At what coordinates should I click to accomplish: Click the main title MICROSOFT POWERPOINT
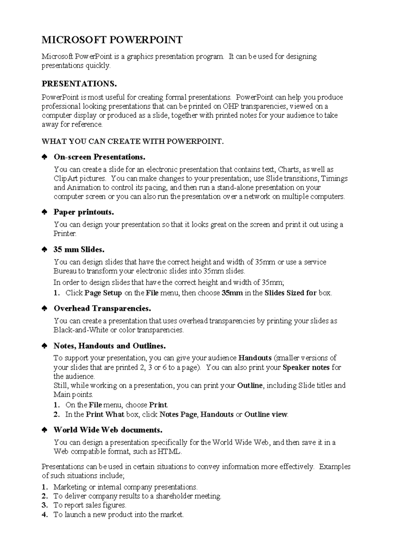(x=112, y=40)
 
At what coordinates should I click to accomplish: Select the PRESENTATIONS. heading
(x=79, y=84)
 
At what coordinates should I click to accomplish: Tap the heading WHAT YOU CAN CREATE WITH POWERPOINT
(x=133, y=141)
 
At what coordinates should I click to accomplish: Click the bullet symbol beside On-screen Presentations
(x=44, y=157)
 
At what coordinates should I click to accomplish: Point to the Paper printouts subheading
(x=84, y=212)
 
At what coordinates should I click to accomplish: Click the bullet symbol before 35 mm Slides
(x=44, y=250)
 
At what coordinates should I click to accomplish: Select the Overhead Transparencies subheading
(x=102, y=309)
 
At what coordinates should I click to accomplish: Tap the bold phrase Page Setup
(x=103, y=293)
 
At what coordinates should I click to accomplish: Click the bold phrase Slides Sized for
(x=290, y=293)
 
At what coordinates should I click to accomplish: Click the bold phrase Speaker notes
(x=306, y=367)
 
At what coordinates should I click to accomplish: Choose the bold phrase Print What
(x=105, y=415)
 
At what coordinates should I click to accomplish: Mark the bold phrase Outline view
(x=266, y=415)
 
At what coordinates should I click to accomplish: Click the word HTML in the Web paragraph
(x=169, y=452)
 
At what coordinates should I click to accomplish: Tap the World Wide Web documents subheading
(x=108, y=430)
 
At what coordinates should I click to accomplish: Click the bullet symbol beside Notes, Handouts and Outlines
(x=44, y=346)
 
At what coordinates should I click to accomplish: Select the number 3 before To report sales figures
(x=45, y=505)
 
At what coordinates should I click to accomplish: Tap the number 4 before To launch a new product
(x=45, y=515)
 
